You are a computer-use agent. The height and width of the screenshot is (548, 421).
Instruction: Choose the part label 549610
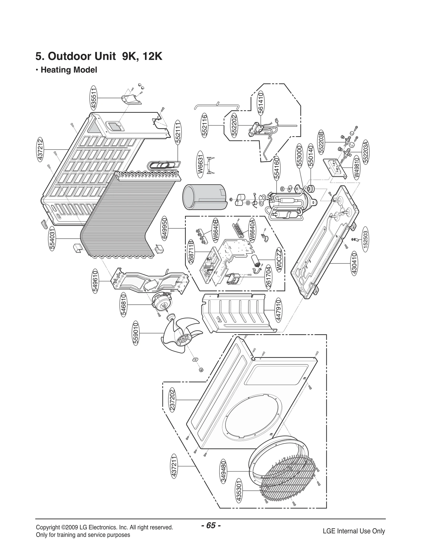(x=95, y=281)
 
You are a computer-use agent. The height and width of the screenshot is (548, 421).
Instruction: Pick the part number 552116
(x=205, y=125)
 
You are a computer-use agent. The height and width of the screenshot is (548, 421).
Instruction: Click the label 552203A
(x=366, y=152)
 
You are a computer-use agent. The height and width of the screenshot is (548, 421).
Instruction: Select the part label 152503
(x=365, y=239)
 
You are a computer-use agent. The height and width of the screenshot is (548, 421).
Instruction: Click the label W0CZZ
(x=279, y=259)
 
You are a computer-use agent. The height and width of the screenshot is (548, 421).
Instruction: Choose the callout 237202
(x=172, y=400)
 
